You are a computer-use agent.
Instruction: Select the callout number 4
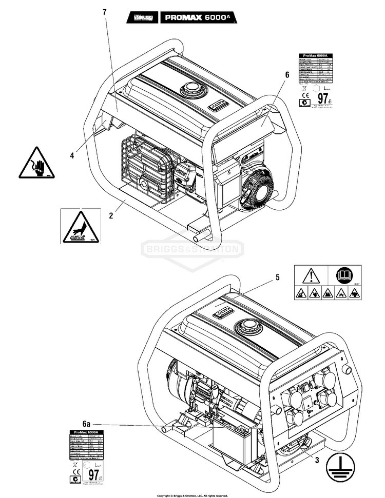73,153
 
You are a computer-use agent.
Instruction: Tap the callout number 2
110,216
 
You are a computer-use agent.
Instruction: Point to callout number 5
277,277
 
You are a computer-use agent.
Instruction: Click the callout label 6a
87,424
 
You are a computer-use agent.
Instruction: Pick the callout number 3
317,460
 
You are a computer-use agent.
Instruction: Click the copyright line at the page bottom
192,495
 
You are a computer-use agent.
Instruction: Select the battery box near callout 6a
234,439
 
